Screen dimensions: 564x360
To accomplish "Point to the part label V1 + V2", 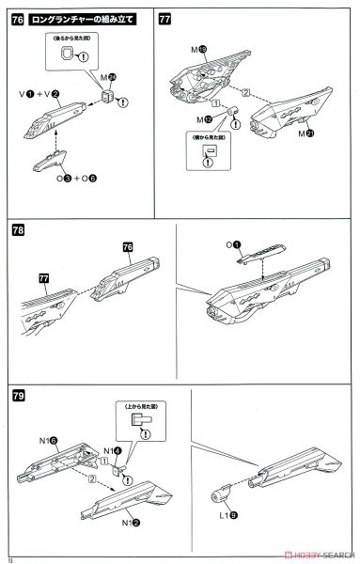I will (42, 94).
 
